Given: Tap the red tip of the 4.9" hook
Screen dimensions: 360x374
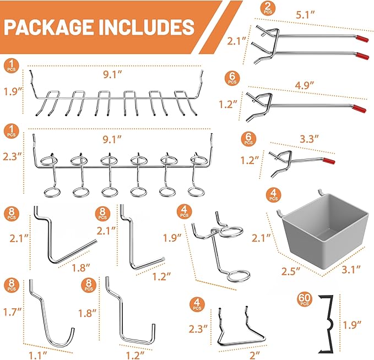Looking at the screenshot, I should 359,108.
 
